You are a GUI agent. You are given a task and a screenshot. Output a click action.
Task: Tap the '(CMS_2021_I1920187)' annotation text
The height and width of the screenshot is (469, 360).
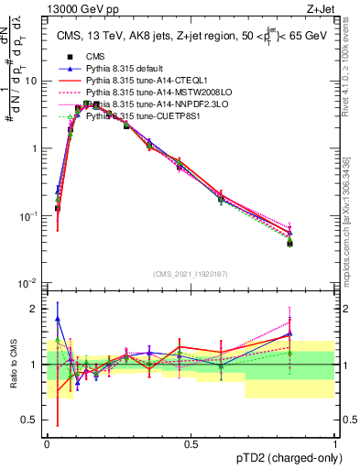coord(190,273)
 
